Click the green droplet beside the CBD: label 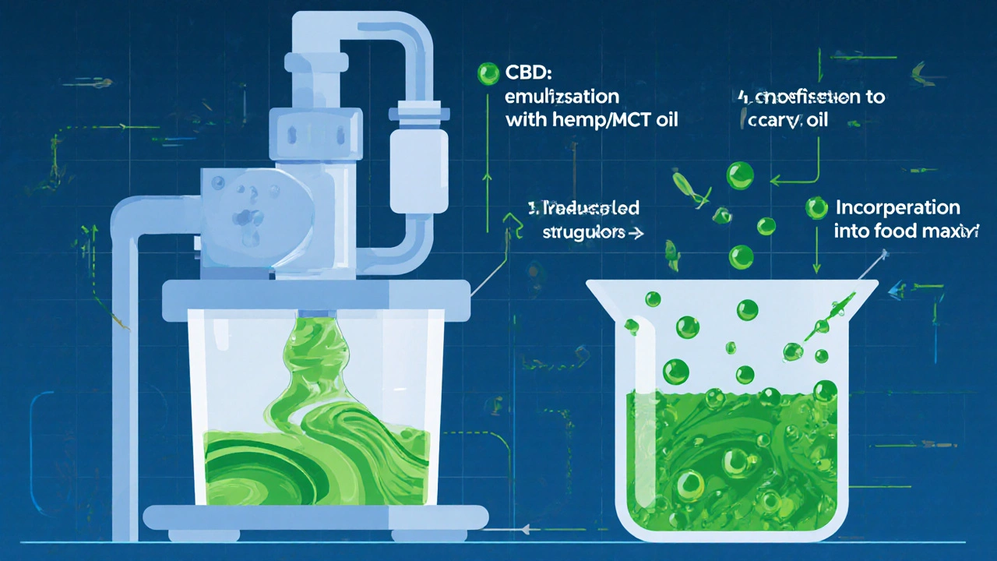coord(488,75)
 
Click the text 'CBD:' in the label coord(526,75)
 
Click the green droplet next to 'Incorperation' coord(816,207)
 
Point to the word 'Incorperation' coord(897,208)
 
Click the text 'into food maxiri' coord(904,231)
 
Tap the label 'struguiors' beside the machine coord(576,232)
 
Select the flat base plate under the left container coord(315,515)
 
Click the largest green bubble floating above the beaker coord(740,176)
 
